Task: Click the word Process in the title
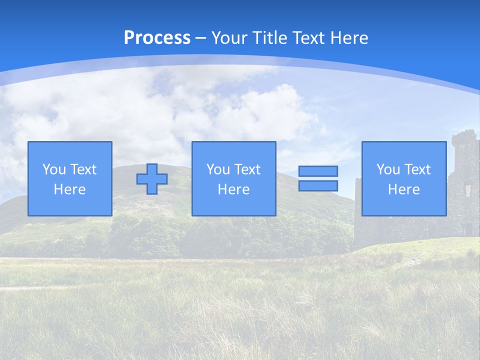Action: click(x=157, y=38)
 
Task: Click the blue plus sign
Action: click(x=152, y=179)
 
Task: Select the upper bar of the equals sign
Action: click(x=318, y=171)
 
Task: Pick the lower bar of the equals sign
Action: click(x=318, y=185)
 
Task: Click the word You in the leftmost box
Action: click(x=54, y=169)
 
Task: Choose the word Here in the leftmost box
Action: click(x=69, y=189)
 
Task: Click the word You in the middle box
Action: click(x=218, y=169)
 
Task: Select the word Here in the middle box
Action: click(x=233, y=189)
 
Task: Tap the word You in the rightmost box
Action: click(x=388, y=169)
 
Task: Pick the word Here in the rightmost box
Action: click(x=403, y=189)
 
